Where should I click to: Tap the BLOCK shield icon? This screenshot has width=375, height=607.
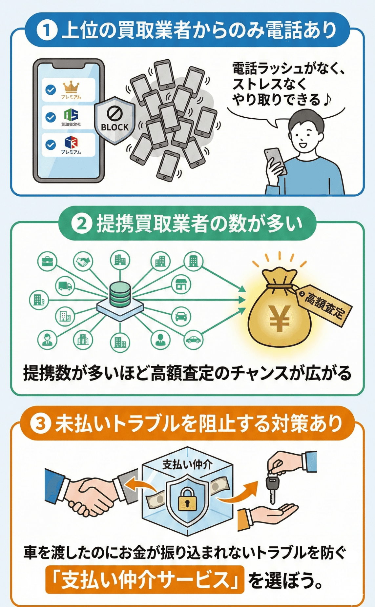point(114,121)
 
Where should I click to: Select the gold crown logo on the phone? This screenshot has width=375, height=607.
point(71,87)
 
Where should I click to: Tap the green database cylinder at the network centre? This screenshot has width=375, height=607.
point(120,294)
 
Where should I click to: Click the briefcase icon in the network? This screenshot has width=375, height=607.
point(48,262)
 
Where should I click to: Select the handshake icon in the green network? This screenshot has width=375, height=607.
point(83,261)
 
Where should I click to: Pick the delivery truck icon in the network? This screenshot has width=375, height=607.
point(65,286)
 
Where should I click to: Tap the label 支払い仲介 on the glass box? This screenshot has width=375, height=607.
point(187,464)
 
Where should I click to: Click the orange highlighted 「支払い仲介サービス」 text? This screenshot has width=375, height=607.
point(145,579)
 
